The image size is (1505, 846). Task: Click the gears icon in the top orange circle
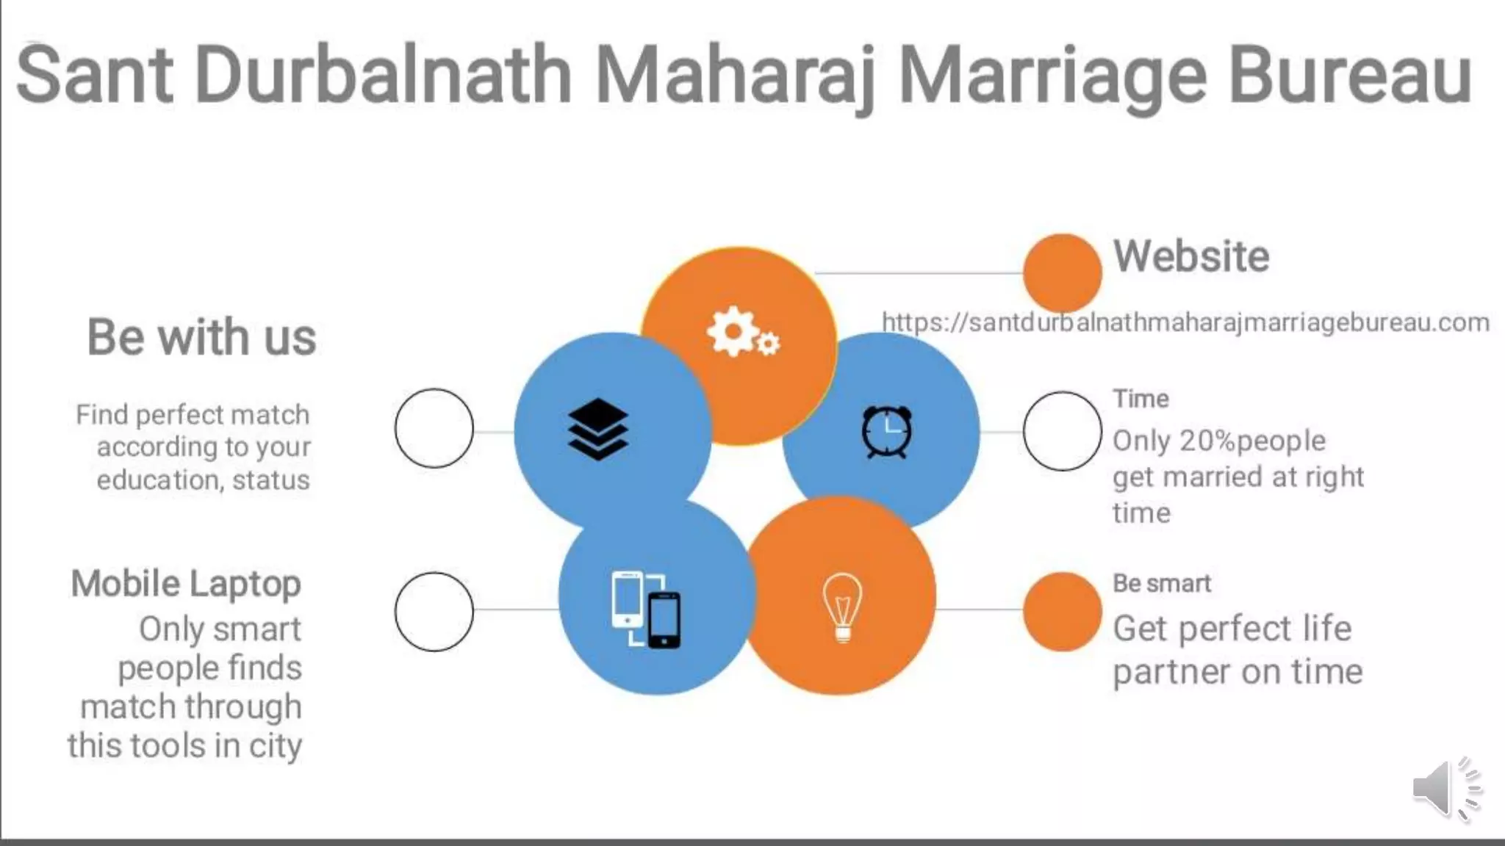(743, 333)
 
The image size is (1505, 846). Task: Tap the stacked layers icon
(598, 430)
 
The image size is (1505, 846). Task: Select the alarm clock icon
(887, 431)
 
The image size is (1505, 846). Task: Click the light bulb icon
(842, 607)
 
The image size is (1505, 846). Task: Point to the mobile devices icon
(646, 609)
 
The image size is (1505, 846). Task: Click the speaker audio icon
(1445, 788)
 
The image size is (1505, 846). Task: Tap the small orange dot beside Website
(1062, 272)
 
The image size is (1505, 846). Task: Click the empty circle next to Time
(1062, 431)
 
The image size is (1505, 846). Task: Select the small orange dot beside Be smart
(1062, 611)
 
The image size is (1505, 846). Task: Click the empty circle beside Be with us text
(434, 428)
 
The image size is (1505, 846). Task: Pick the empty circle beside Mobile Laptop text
(434, 611)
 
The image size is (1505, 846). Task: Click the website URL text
(1185, 322)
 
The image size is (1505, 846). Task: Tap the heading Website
(1191, 256)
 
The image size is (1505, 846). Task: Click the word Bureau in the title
(1350, 76)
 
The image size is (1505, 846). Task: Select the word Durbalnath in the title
(383, 76)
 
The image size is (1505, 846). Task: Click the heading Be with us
(201, 337)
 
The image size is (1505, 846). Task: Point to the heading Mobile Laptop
(186, 584)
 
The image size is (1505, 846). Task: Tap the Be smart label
(1161, 583)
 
